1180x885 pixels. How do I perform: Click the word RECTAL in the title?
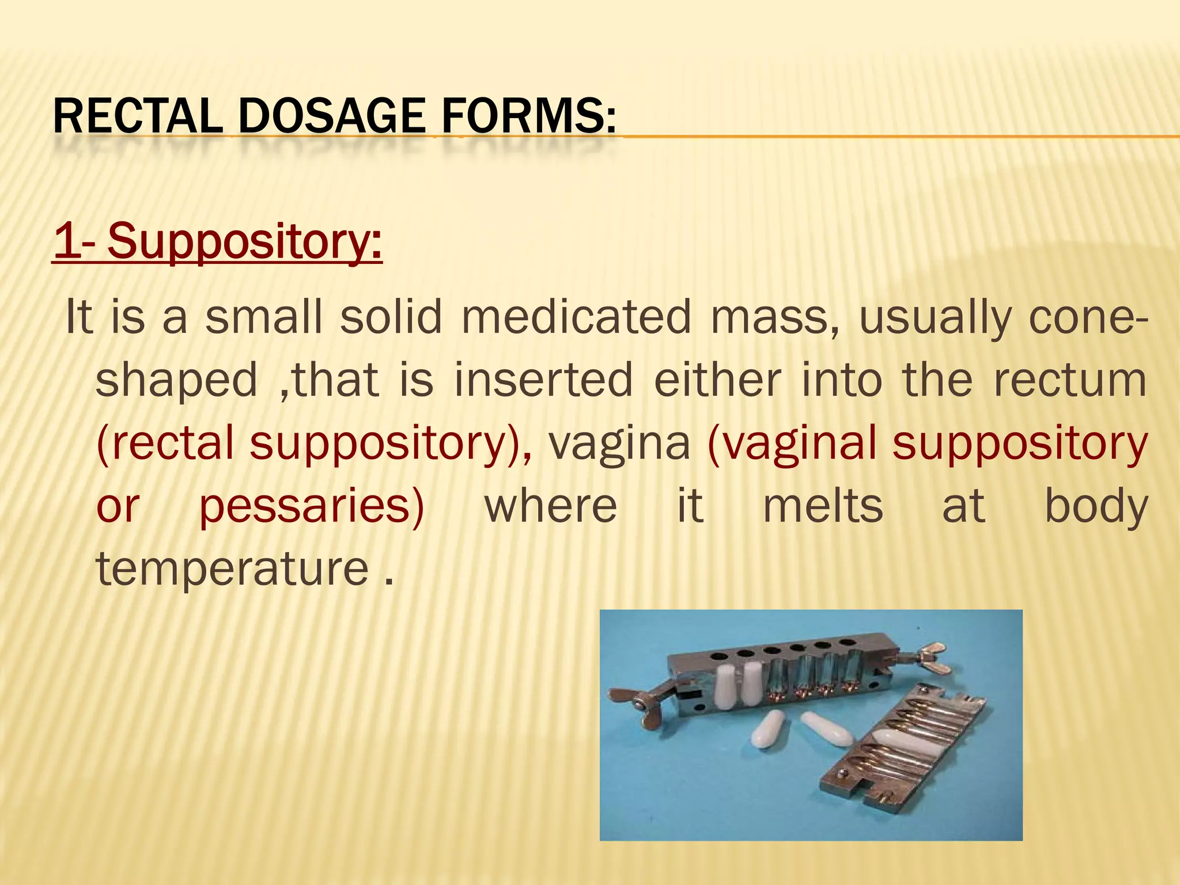click(137, 116)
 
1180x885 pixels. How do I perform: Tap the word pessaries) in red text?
click(312, 506)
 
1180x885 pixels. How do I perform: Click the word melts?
click(823, 506)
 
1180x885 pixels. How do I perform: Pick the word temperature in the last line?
click(232, 569)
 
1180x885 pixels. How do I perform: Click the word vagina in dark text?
click(619, 443)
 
